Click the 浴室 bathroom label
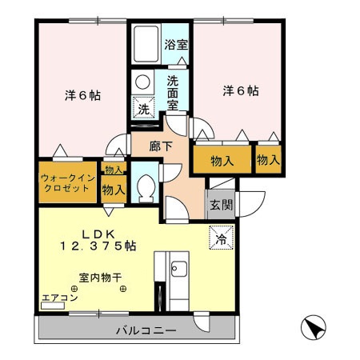point(176,45)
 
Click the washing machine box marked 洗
point(142,108)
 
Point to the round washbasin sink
point(142,82)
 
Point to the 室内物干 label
point(100,279)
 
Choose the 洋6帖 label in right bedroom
point(240,91)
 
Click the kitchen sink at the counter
point(178,270)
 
